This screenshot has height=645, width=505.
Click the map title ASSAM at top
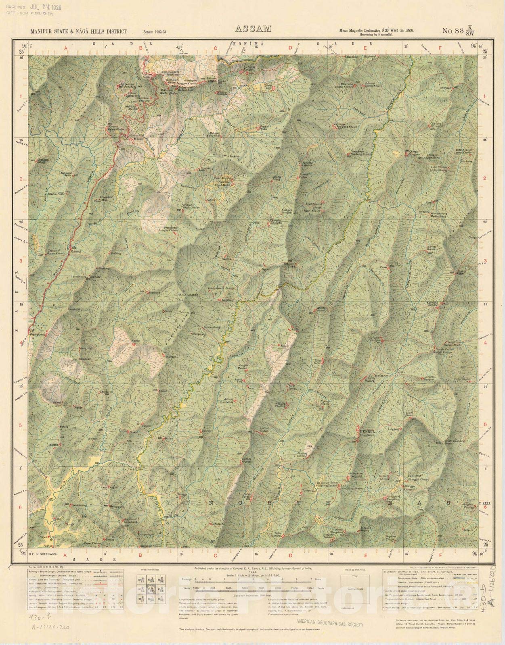252,29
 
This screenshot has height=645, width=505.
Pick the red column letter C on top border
216,48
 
